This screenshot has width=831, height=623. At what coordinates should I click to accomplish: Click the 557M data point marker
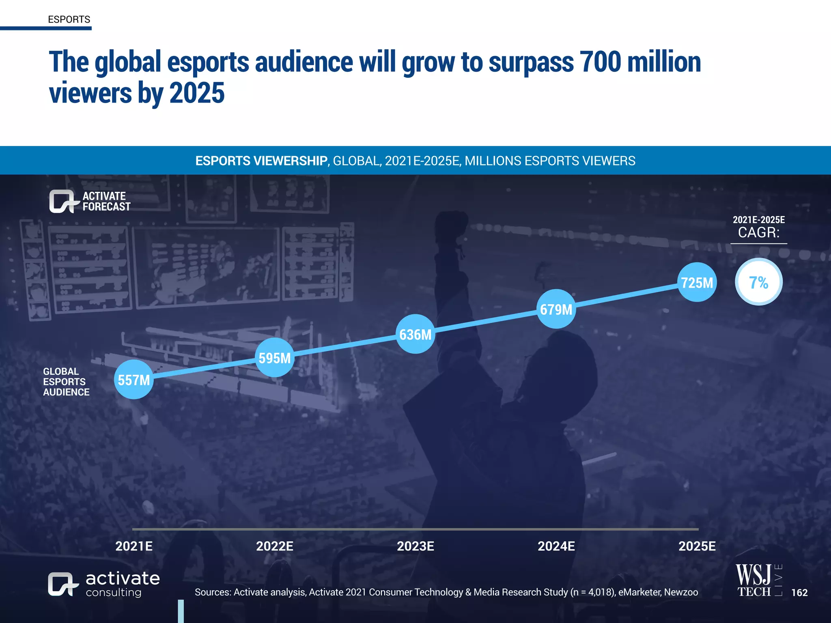133,380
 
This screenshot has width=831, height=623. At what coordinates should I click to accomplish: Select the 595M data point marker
275,358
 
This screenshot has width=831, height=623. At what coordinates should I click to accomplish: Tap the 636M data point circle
415,334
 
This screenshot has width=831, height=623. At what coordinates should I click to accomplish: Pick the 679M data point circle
556,309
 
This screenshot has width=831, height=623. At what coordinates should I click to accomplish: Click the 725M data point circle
697,282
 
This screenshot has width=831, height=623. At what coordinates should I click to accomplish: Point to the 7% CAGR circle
758,282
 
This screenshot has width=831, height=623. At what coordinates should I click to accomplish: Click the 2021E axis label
134,546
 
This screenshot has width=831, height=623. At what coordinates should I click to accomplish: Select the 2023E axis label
415,546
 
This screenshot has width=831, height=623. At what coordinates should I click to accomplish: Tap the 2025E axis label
697,546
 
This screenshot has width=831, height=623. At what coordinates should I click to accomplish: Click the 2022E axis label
275,546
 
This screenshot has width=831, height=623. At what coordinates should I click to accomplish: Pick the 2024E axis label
556,546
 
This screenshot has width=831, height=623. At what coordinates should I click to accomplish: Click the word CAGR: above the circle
758,232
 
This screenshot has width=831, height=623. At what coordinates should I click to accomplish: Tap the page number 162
799,593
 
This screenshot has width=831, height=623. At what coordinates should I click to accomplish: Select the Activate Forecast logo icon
62,201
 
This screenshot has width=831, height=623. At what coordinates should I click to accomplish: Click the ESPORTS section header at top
69,19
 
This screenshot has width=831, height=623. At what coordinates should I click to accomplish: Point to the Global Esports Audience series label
66,382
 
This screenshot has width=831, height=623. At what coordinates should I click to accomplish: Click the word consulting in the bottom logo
114,593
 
